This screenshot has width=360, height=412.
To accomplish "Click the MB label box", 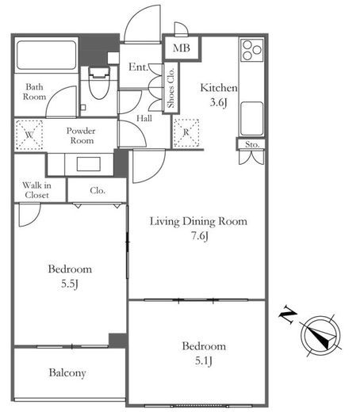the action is [182, 48].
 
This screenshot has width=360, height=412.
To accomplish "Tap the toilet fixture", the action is [99, 83].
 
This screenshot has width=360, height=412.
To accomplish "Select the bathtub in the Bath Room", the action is [46, 55].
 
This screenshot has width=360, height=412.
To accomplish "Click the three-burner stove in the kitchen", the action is [252, 50].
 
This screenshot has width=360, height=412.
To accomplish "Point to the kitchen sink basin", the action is [251, 119].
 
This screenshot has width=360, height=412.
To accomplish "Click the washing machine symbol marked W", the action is [29, 135].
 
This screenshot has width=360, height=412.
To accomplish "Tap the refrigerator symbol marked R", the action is [186, 132].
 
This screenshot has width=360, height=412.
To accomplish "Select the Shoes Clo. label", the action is [171, 88].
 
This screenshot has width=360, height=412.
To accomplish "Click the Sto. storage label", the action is [252, 144].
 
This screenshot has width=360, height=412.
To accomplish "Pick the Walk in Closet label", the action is [36, 190].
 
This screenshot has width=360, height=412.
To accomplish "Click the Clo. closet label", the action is [98, 190].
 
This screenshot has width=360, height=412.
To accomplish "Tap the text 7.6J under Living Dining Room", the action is [200, 236].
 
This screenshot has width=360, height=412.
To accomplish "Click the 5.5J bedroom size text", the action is [70, 284].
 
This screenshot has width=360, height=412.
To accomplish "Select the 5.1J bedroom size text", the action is [204, 361].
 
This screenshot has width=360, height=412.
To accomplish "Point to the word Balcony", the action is [67, 373].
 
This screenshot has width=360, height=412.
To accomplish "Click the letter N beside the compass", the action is [288, 315].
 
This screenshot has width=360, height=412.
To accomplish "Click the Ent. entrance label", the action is [138, 67].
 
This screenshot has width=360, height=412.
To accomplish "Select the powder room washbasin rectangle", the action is [89, 164].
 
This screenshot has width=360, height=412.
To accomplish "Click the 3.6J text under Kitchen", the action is [219, 102].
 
